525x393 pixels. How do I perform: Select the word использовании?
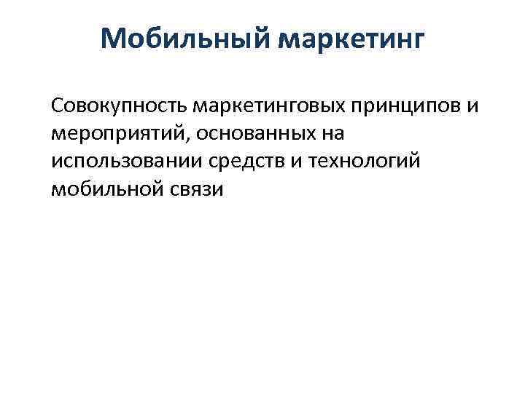coord(128,162)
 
